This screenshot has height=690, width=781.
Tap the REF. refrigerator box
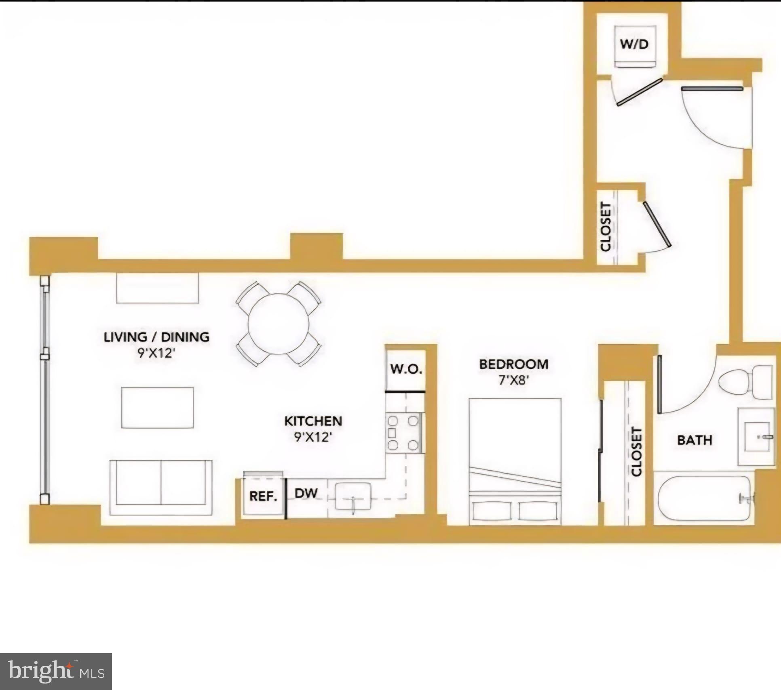click(x=263, y=496)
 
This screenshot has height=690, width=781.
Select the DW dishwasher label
click(x=306, y=493)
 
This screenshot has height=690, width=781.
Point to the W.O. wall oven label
click(x=406, y=369)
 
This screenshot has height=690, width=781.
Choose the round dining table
click(x=279, y=324)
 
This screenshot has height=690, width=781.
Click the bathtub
click(x=704, y=498)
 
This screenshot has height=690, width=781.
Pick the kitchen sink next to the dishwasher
click(x=353, y=496)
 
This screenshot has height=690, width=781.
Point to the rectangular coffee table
click(x=158, y=408)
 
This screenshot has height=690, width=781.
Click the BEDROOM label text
click(x=514, y=364)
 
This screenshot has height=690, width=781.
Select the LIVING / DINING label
click(x=157, y=337)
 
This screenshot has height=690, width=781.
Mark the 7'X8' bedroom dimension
click(x=514, y=381)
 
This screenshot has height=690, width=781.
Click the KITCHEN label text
click(x=313, y=421)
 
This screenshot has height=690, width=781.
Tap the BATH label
click(x=694, y=440)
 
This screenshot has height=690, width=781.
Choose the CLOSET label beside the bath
click(x=636, y=452)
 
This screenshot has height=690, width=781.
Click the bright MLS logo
click(x=56, y=671)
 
